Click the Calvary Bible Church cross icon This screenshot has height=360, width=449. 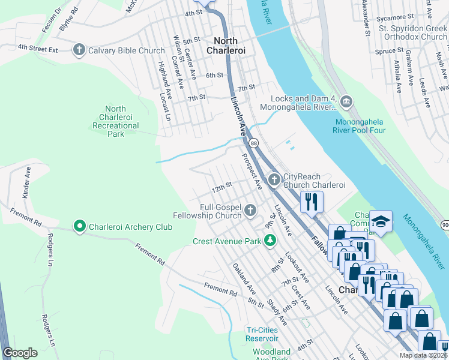pyautogui.click(x=79, y=50)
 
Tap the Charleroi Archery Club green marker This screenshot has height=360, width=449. pyautogui.click(x=79, y=227)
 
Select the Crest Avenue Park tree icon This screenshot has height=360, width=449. pyautogui.click(x=271, y=241)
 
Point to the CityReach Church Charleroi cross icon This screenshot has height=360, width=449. pyautogui.click(x=274, y=179)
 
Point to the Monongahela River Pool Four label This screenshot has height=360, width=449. pyautogui.click(x=359, y=125)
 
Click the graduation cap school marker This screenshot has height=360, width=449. pyautogui.click(x=381, y=222)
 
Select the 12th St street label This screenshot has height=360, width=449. pyautogui.click(x=221, y=185)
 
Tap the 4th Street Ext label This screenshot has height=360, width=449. pyautogui.click(x=37, y=48)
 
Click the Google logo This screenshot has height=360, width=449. pyautogui.click(x=20, y=353)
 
